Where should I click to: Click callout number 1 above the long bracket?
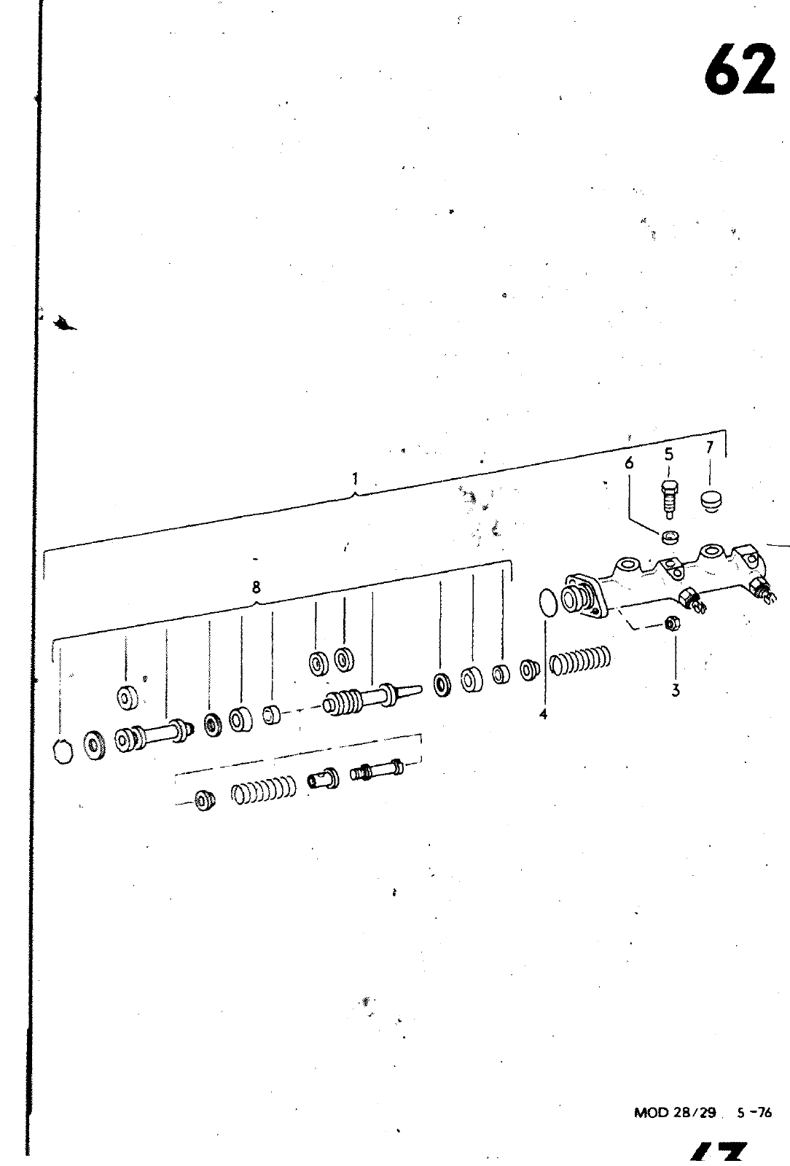[x=355, y=479]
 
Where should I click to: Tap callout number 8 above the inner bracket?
[x=256, y=587]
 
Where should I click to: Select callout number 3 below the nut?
[x=676, y=690]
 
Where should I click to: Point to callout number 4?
[x=543, y=715]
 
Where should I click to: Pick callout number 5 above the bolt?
[x=668, y=455]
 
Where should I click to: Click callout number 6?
[x=630, y=463]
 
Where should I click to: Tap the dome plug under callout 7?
[x=711, y=501]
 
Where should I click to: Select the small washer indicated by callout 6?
[x=670, y=539]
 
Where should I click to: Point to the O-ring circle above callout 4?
[x=547, y=604]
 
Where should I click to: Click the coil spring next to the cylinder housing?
[x=580, y=660]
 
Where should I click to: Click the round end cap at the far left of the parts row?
[x=64, y=751]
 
